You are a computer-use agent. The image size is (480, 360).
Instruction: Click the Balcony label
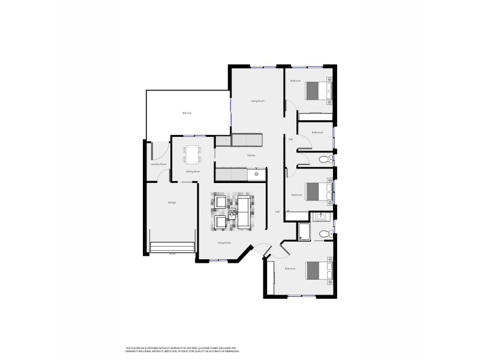tap(187, 113)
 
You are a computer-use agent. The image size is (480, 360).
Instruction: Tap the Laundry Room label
tap(158, 164)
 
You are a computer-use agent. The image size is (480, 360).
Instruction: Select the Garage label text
tap(172, 202)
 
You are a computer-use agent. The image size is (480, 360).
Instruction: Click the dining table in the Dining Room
tap(193, 155)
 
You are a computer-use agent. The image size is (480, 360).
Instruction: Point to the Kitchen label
tap(251, 156)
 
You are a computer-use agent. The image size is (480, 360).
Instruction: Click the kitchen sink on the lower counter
tap(256, 174)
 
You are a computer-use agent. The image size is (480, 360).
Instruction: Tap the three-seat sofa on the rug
tap(244, 212)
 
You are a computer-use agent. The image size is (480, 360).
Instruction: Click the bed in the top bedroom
tap(317, 91)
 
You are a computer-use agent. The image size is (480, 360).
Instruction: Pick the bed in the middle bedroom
tap(317, 191)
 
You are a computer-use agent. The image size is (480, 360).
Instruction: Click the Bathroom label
tap(317, 132)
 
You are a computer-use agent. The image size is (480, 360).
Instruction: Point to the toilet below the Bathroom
tap(324, 160)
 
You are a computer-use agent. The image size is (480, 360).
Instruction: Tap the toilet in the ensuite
tap(325, 233)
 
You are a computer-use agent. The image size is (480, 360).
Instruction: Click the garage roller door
tap(172, 248)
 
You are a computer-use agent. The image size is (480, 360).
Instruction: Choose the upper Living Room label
tap(258, 101)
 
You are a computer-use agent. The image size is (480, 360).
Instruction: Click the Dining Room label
tap(192, 172)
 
